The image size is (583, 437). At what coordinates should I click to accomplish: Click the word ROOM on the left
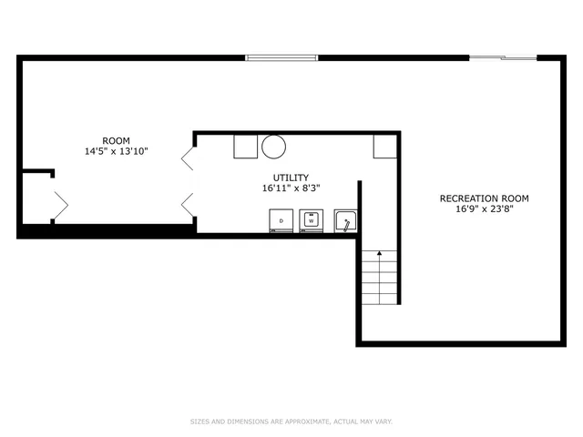[x=117, y=141]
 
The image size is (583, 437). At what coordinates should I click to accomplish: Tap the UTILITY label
[x=291, y=178]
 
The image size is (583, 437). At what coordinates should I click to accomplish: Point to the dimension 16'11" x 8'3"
[x=291, y=189]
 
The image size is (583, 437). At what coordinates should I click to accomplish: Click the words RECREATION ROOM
[x=484, y=198]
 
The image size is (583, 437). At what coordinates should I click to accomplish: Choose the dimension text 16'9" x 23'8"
[x=484, y=209]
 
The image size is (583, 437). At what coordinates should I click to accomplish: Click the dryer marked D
[x=281, y=221]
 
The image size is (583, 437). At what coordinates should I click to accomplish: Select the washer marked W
[x=312, y=221]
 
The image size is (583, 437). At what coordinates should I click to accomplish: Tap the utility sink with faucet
[x=346, y=221]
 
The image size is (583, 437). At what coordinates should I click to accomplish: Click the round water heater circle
[x=274, y=147]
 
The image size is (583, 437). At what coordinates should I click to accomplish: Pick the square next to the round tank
[x=245, y=147]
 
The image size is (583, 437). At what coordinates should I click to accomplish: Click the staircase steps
[x=380, y=277]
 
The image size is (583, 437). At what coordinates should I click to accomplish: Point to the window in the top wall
[x=281, y=58]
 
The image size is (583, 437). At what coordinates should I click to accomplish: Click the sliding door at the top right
[x=503, y=58]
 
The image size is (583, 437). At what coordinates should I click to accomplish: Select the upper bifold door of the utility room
[x=188, y=158]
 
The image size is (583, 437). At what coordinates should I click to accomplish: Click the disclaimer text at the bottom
[x=291, y=422]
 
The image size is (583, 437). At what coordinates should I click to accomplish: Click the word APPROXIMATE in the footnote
[x=309, y=422]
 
